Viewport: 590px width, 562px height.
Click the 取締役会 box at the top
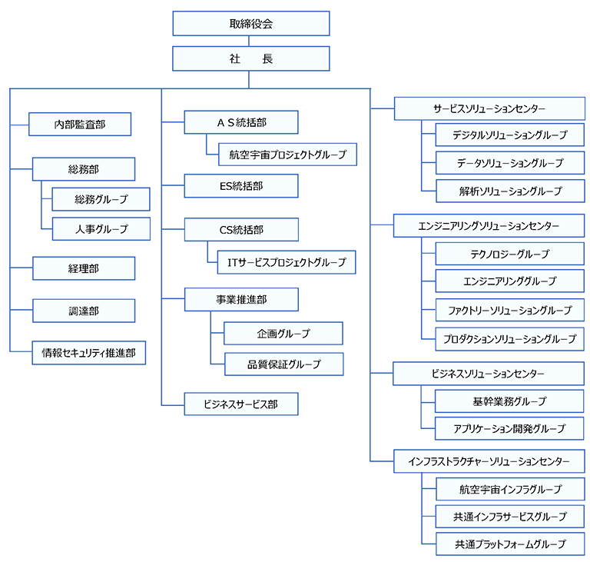(x=251, y=23)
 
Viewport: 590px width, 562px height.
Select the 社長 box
(x=251, y=58)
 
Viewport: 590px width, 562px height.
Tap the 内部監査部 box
(x=80, y=124)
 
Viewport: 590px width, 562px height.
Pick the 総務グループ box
(x=101, y=199)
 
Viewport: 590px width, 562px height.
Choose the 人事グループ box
(x=101, y=228)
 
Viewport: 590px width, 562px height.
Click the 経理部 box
(x=84, y=268)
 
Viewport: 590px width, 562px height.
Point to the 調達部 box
(x=84, y=311)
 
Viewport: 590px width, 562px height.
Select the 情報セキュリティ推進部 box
(x=89, y=353)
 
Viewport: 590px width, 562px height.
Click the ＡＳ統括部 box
(x=241, y=122)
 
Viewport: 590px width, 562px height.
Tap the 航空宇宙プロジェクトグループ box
(x=287, y=154)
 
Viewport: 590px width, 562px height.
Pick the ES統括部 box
(x=241, y=186)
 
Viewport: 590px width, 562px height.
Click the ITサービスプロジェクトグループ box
(x=287, y=262)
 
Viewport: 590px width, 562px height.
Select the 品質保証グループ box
(x=284, y=364)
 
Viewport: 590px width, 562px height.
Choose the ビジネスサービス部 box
(x=241, y=404)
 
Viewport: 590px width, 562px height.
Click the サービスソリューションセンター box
(x=489, y=108)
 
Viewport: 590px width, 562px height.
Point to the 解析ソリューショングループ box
(x=510, y=191)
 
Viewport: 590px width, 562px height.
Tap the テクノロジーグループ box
(x=510, y=254)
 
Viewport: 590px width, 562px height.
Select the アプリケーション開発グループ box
(x=509, y=428)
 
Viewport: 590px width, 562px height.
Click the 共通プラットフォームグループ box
(x=510, y=544)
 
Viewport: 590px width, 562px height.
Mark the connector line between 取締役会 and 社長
(x=249, y=41)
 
